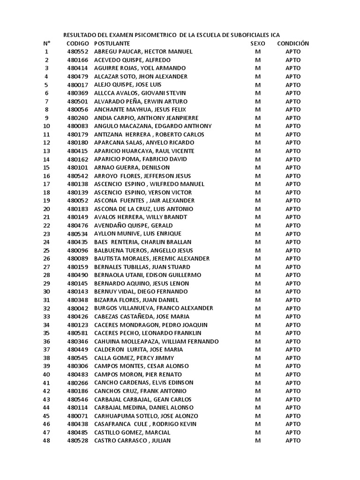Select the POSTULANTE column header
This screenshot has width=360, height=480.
[x=112, y=44]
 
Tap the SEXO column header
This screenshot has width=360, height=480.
[x=257, y=44]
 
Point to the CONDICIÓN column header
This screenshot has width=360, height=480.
[x=293, y=44]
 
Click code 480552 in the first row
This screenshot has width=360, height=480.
[x=77, y=52]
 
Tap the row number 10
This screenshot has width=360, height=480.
[x=46, y=126]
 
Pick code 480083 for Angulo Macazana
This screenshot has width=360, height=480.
[x=77, y=126]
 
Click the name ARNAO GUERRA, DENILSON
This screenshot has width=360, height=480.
[x=132, y=167]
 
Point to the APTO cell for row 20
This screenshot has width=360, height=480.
[x=293, y=209]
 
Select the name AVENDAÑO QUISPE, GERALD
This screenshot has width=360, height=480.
[x=134, y=225]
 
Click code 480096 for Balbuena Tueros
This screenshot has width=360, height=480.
[x=77, y=250]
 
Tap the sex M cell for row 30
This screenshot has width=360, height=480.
[x=257, y=292]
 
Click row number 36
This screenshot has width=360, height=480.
[x=46, y=341]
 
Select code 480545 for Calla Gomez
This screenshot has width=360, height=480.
[x=77, y=358]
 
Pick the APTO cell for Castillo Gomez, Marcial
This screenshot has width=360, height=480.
[x=293, y=432]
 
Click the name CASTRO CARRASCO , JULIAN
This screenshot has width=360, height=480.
[x=133, y=441]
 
